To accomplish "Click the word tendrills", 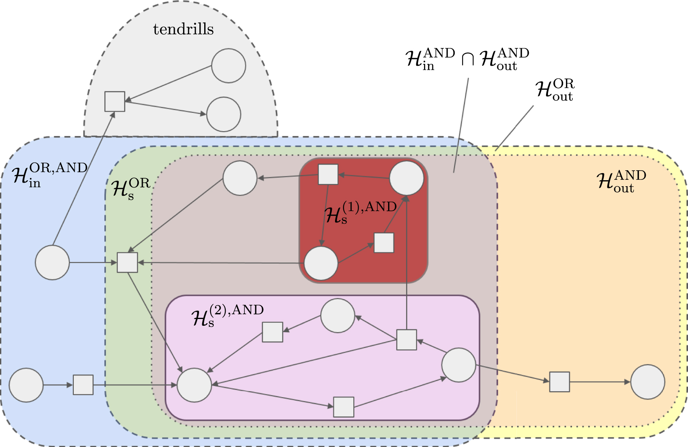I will [x=183, y=29].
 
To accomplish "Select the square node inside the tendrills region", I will [x=115, y=101].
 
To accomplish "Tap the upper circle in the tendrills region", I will [x=229, y=66].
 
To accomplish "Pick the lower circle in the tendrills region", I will [x=224, y=114].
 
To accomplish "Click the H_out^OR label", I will [x=555, y=90].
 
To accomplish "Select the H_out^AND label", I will [x=621, y=181].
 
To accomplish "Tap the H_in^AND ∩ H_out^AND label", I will [x=467, y=59].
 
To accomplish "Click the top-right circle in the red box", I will [x=406, y=178].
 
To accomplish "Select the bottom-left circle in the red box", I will [x=321, y=263].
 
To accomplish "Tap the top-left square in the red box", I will [x=328, y=174].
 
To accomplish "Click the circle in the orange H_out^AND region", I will [x=648, y=382].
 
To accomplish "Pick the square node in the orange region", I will [x=560, y=382].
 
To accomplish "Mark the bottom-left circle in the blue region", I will [x=26, y=385].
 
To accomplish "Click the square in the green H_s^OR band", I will [x=127, y=262].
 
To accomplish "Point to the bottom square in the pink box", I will [x=344, y=407].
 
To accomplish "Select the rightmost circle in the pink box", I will [x=459, y=365].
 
